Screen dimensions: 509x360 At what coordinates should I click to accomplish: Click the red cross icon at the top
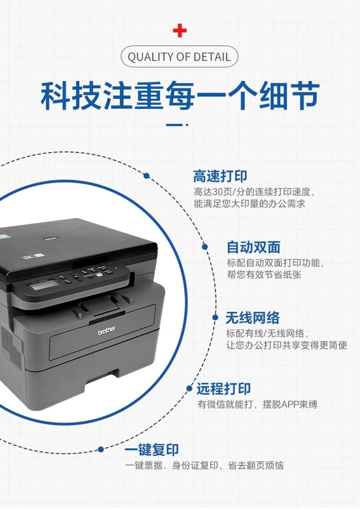(x=180, y=31)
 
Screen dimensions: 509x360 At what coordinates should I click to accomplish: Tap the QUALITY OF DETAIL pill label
(x=179, y=57)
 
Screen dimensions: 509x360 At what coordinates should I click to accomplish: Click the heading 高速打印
(x=220, y=176)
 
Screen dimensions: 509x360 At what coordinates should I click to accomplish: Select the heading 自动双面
(x=253, y=248)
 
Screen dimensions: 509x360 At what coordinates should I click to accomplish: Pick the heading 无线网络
(x=252, y=318)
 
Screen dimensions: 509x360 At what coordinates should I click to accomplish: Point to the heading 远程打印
(x=224, y=389)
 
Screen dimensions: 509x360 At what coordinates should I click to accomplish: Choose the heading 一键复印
(x=152, y=450)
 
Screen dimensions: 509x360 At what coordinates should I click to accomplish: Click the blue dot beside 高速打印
(x=146, y=176)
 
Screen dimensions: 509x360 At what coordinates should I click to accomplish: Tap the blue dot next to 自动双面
(x=205, y=247)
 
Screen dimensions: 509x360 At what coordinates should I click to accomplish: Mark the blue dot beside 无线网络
(x=215, y=317)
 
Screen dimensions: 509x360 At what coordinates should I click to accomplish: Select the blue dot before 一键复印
(x=101, y=450)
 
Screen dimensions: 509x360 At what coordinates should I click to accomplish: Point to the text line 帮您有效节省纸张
(x=264, y=275)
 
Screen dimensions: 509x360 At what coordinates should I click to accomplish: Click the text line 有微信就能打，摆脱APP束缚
(x=257, y=404)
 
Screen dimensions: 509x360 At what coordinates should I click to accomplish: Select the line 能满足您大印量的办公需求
(x=249, y=203)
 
